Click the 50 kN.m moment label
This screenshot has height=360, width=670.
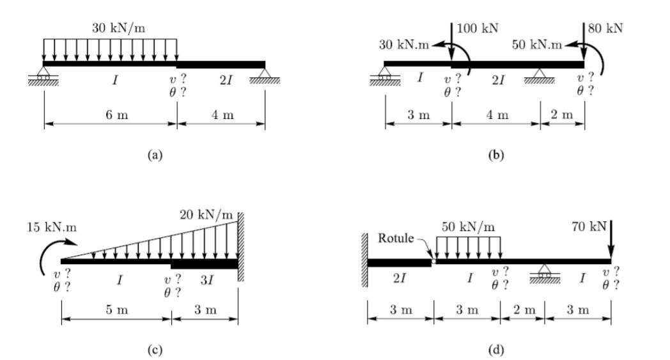coord(537,45)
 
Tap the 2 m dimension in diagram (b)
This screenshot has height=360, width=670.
coord(563,115)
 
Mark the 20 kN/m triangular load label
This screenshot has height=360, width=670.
coord(206,214)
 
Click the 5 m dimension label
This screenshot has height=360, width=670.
coord(117,310)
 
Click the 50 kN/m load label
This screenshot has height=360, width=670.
coord(468,226)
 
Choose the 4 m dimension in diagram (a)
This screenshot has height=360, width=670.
coord(222,115)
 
